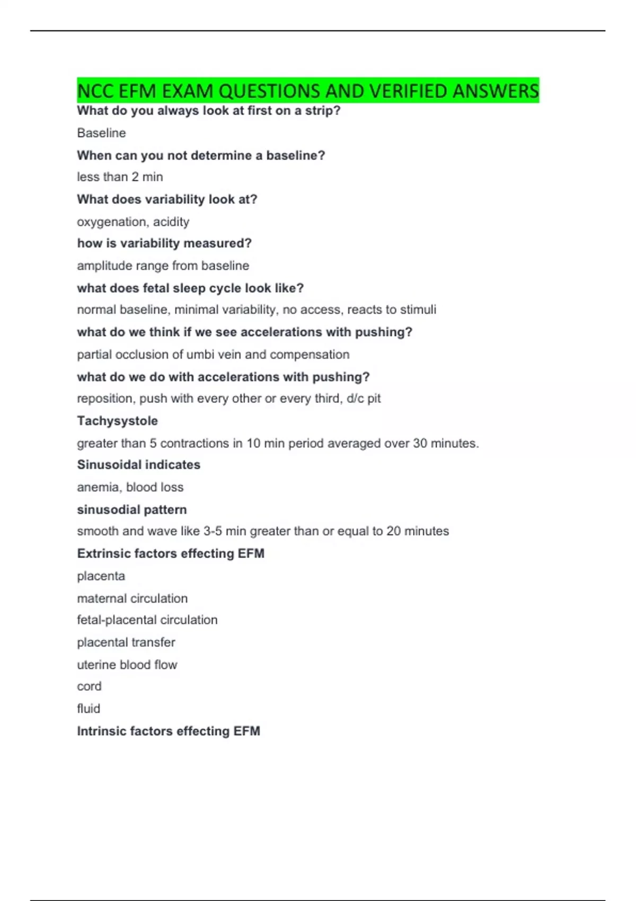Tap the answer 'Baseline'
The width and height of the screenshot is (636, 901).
pyautogui.click(x=101, y=133)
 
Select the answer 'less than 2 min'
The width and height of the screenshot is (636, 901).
pyautogui.click(x=120, y=177)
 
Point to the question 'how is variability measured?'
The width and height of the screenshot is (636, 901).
pyautogui.click(x=164, y=243)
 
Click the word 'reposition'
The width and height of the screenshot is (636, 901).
pyautogui.click(x=105, y=399)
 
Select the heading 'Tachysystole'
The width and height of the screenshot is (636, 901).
pyautogui.click(x=117, y=421)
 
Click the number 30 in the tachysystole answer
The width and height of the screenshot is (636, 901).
pyautogui.click(x=420, y=443)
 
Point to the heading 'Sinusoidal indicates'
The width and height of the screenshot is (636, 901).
pyautogui.click(x=138, y=465)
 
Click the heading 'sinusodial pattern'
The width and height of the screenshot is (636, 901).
pyautogui.click(x=131, y=510)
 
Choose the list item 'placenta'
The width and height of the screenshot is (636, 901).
pyautogui.click(x=101, y=576)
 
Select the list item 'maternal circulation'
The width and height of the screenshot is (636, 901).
pyautogui.click(x=132, y=598)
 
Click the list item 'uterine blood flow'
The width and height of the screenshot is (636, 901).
pyautogui.click(x=127, y=665)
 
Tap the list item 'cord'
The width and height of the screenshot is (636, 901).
pyautogui.click(x=89, y=686)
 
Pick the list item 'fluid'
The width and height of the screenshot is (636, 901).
pyautogui.click(x=89, y=709)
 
